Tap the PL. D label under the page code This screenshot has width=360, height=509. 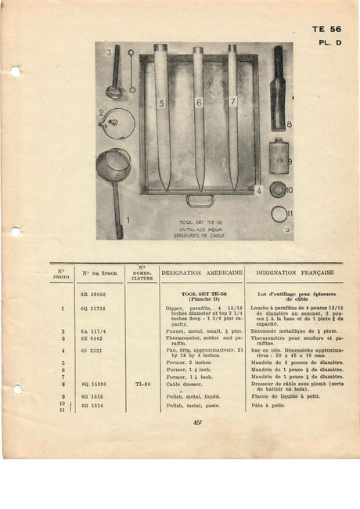pyautogui.click(x=330, y=44)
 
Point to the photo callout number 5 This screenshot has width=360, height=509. pyautogui.click(x=161, y=103)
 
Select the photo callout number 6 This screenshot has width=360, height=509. pyautogui.click(x=199, y=103)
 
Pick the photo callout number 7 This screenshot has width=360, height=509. pyautogui.click(x=232, y=102)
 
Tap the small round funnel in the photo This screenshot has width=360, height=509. pyautogui.click(x=117, y=122)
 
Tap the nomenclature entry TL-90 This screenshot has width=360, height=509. pyautogui.click(x=142, y=384)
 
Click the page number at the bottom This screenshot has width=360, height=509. pyautogui.click(x=196, y=424)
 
